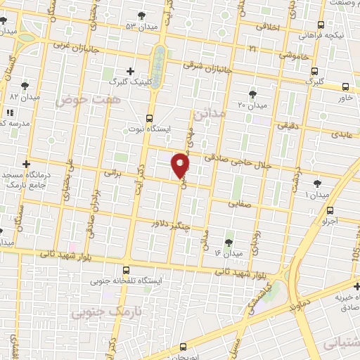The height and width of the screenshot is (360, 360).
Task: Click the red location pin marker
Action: pyautogui.click(x=181, y=164)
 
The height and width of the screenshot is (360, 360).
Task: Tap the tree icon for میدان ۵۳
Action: pyautogui.click(x=141, y=15)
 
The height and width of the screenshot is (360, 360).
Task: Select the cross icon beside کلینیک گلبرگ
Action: pyautogui.click(x=130, y=71)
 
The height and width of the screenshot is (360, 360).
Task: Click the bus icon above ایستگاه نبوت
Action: pyautogui.click(x=149, y=117)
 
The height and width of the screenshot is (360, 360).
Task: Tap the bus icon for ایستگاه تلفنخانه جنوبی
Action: pyautogui.click(x=126, y=269)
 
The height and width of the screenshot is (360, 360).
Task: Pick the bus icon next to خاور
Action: pyautogui.click(x=345, y=87)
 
